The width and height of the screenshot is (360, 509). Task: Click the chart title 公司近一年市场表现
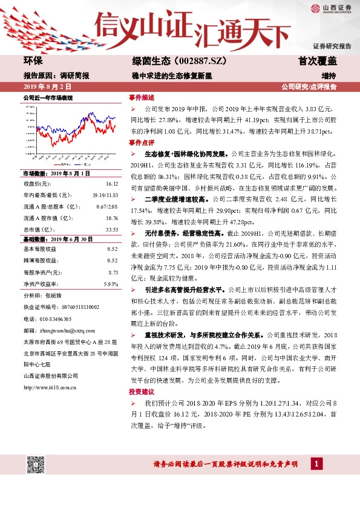[x=48, y=97]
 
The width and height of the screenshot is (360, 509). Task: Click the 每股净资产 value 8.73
[x=113, y=273]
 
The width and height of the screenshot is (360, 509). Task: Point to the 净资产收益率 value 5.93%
[x=111, y=284]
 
